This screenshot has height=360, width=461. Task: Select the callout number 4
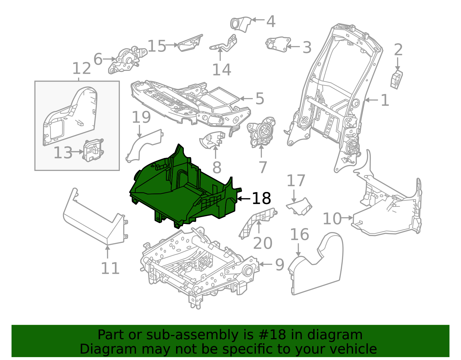pos(271,21)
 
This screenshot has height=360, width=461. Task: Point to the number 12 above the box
pos(81,69)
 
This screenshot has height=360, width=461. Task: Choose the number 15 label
pos(157,46)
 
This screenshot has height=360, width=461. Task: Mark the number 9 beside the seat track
pos(279,265)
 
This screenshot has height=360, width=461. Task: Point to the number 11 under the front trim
pos(110,268)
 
